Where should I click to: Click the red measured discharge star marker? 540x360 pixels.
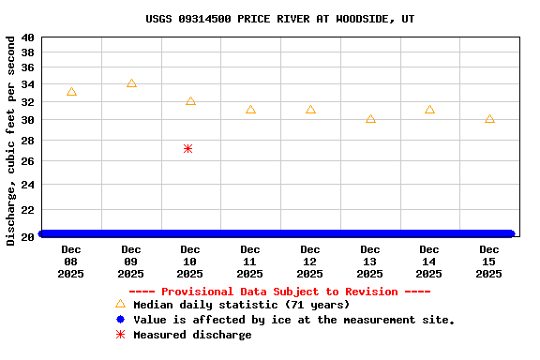pos(188,148)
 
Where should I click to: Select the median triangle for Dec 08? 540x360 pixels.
pos(71,92)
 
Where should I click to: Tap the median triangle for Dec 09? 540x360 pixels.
pos(131,83)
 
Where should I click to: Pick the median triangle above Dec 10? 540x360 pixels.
pos(190,100)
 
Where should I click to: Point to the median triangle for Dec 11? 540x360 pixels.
pos(250,110)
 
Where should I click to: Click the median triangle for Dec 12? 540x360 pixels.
pos(310,110)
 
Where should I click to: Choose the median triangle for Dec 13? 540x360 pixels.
pos(370,119)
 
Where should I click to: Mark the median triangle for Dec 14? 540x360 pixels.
pos(429,110)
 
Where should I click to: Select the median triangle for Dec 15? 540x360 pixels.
pos(489,119)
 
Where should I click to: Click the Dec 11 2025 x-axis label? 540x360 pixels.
pos(250,262)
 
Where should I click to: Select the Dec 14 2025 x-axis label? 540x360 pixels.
pos(429,262)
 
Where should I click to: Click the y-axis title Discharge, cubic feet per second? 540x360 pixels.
pos(11,141)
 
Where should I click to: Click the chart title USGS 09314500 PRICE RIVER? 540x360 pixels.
pos(279,19)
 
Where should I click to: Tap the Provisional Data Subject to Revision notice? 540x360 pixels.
pos(279,292)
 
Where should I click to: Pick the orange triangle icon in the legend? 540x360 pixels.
pos(120,304)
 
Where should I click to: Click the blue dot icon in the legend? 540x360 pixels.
pos(120,320)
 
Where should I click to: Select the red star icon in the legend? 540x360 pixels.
pos(120,335)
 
